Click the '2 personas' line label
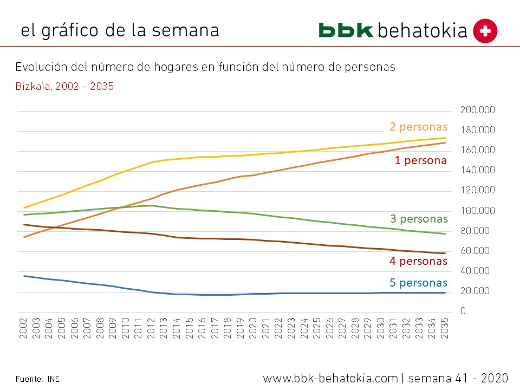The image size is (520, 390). coord(418,127)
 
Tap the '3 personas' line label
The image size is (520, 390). coord(419,219)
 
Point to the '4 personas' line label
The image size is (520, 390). coord(418,261)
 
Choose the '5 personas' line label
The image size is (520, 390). coord(418,282)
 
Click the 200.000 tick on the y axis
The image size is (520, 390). coord(477,110)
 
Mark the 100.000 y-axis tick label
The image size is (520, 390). coord(477,211)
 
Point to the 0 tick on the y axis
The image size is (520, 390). coord(463,311)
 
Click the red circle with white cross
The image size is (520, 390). coord(485,31)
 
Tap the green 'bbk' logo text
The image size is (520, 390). coord(346,30)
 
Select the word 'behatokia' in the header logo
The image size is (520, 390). coord(422,31)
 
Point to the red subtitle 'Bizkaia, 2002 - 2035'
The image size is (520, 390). coord(64,86)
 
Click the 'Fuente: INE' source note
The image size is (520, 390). coord(37,379)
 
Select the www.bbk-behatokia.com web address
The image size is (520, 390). coord(330,378)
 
